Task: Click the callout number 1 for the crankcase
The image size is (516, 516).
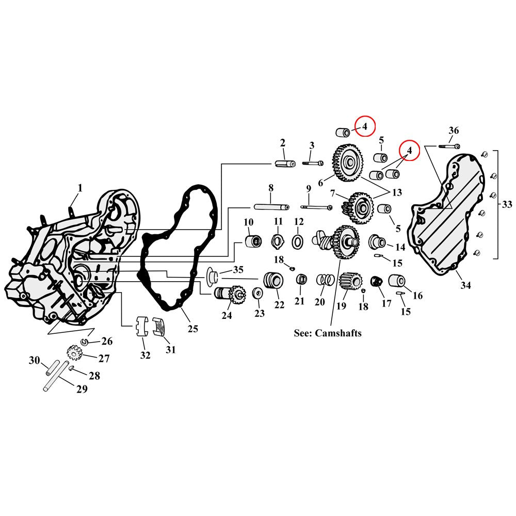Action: (x=80, y=188)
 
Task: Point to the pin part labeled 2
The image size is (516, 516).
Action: (x=284, y=164)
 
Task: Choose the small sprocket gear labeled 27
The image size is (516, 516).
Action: (x=75, y=353)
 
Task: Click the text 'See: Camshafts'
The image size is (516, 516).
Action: (x=327, y=333)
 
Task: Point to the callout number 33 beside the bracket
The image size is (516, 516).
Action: (x=507, y=204)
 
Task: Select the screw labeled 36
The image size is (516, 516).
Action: (x=449, y=146)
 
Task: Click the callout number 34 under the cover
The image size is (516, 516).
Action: (x=465, y=285)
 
